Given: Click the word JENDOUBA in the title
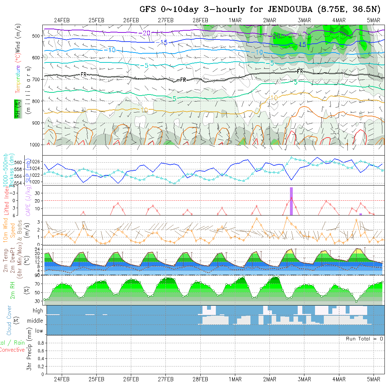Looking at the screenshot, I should coord(284,9).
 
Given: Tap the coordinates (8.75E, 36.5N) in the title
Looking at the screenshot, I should coord(351,9).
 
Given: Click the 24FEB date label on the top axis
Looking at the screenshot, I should coord(62,20).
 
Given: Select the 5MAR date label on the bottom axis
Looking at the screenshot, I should coord(374,379).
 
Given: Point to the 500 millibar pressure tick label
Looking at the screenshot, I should coord(35,36).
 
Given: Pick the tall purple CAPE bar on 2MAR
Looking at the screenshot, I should coord(291,201).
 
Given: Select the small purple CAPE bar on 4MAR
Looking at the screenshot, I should coord(360,214).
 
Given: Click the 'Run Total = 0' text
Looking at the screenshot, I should coord(364,339).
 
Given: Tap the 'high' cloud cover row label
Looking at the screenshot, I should coord(38,311).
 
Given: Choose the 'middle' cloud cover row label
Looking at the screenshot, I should coord(35,321).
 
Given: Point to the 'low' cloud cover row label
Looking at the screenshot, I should coord(39,331).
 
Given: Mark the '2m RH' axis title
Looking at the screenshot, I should coord(12,290).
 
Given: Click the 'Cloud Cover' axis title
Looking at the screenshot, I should coord(9,320).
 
